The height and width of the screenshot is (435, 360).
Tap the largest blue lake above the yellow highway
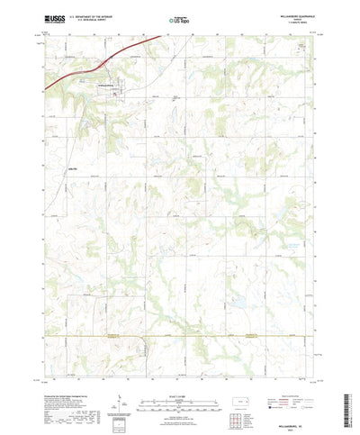click(237, 302)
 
